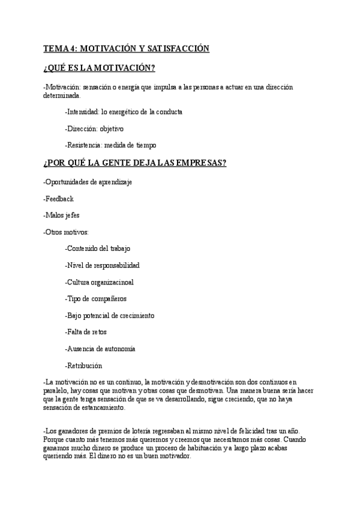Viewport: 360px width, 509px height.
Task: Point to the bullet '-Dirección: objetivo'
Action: tap(94, 128)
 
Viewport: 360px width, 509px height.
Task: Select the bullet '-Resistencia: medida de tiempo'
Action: tap(111, 145)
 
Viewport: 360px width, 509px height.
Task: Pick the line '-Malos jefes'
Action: tap(62, 215)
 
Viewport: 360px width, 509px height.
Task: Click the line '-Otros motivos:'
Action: tap(66, 232)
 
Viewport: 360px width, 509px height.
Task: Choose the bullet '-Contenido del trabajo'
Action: tap(97, 248)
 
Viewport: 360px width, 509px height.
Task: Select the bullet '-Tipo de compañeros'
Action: tap(95, 298)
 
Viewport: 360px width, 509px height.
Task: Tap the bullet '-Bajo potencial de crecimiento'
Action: tap(109, 315)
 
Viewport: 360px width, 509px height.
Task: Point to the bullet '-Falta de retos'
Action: tap(86, 332)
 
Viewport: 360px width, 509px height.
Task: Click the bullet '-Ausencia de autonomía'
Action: tap(100, 349)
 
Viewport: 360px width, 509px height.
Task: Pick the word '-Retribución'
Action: tap(83, 366)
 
